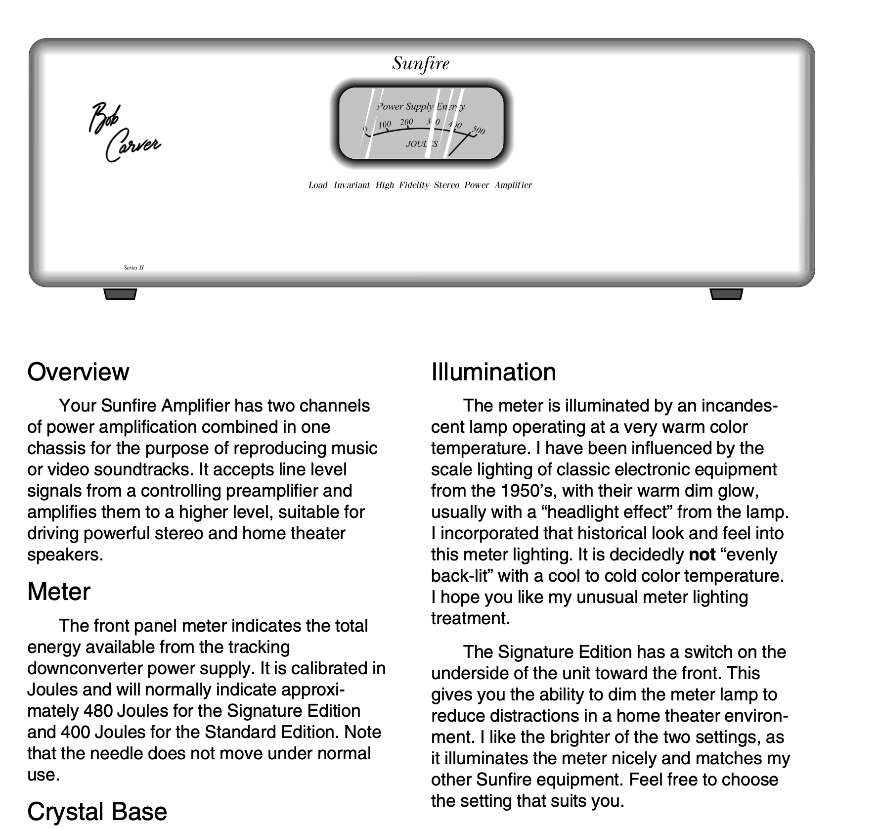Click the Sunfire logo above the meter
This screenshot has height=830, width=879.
[x=421, y=63]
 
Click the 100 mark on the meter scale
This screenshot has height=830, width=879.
[x=385, y=125]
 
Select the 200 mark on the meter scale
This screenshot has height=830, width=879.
[x=406, y=122]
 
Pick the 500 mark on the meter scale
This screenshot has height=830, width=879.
[x=478, y=130]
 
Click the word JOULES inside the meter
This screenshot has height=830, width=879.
[x=421, y=144]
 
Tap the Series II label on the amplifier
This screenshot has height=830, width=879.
[x=133, y=268]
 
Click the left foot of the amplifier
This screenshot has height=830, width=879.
[x=120, y=294]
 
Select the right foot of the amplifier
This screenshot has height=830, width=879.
[x=726, y=294]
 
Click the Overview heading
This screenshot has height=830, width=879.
[x=78, y=372]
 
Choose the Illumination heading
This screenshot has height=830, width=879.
[x=493, y=372]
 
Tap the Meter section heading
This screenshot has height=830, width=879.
[x=59, y=592]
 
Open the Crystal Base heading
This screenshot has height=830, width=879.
[x=97, y=812]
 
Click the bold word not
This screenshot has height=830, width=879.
[x=702, y=555]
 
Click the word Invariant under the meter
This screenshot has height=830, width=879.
[x=352, y=185]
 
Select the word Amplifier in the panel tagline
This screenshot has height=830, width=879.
[x=513, y=185]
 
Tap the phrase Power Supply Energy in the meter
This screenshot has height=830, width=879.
[x=420, y=106]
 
